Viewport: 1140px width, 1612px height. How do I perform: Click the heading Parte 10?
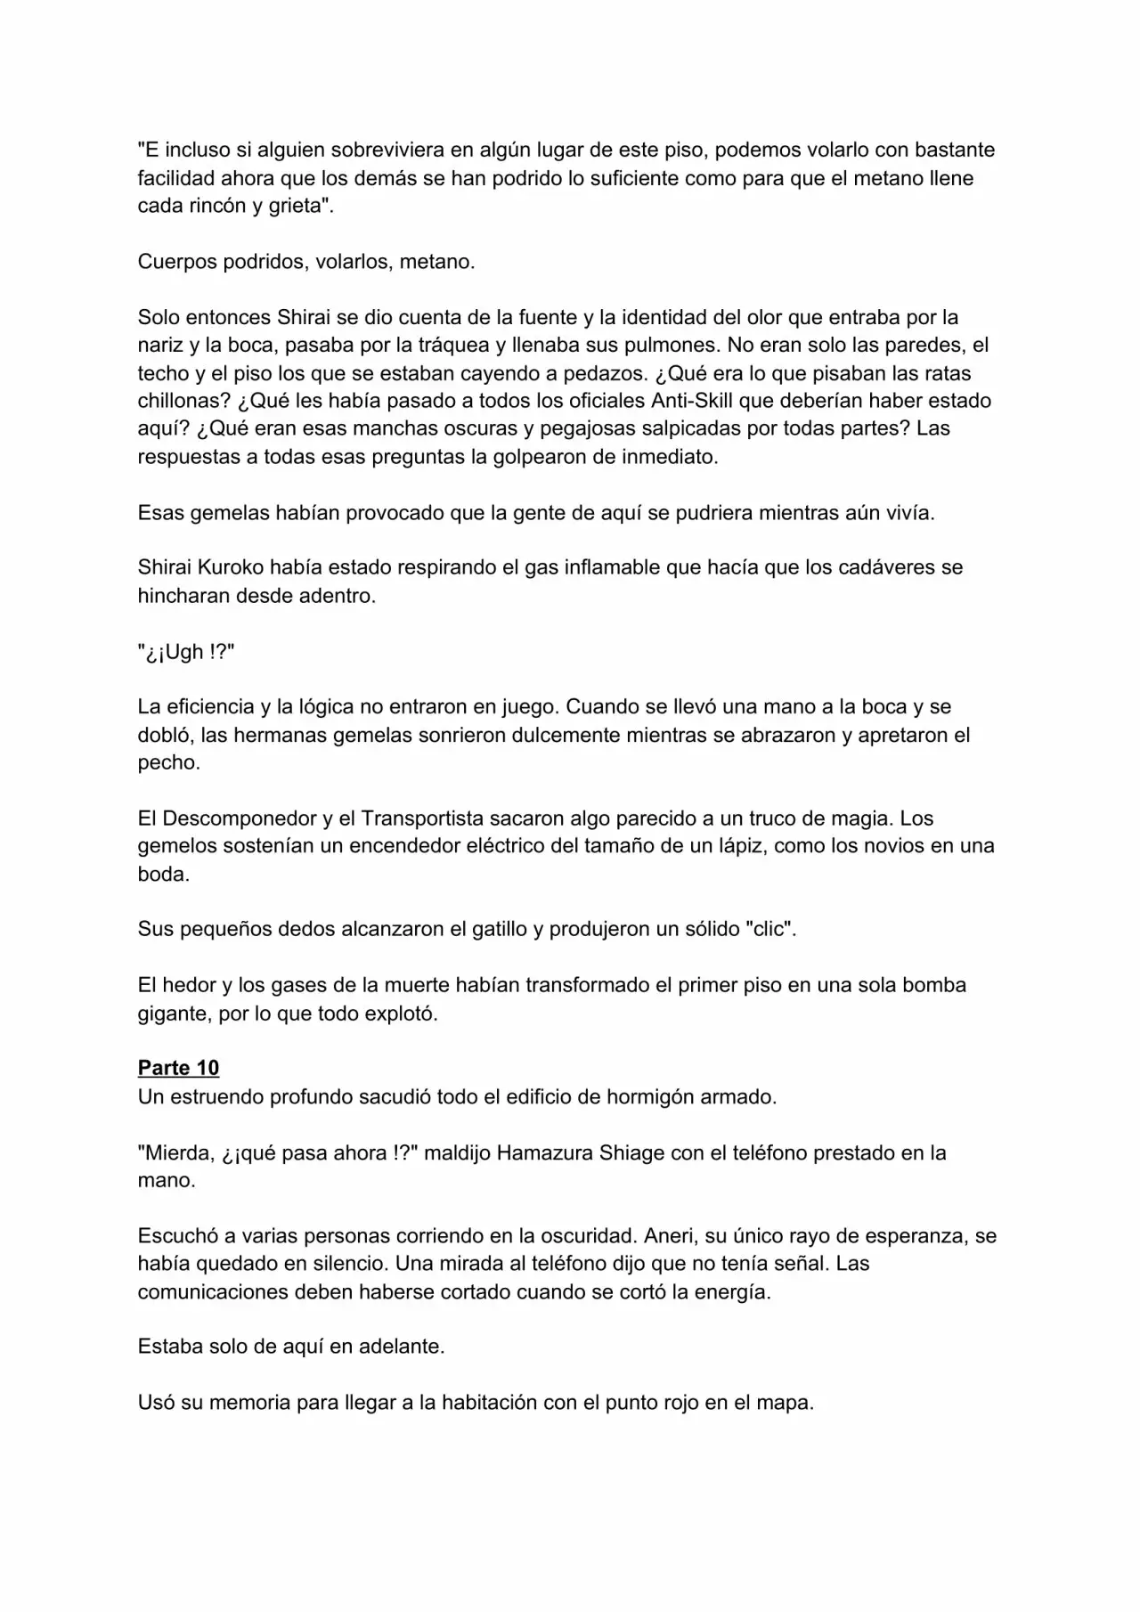click(x=178, y=1068)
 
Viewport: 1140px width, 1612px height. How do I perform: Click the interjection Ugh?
click(x=184, y=651)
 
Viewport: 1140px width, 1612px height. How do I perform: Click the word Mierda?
click(x=177, y=1152)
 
